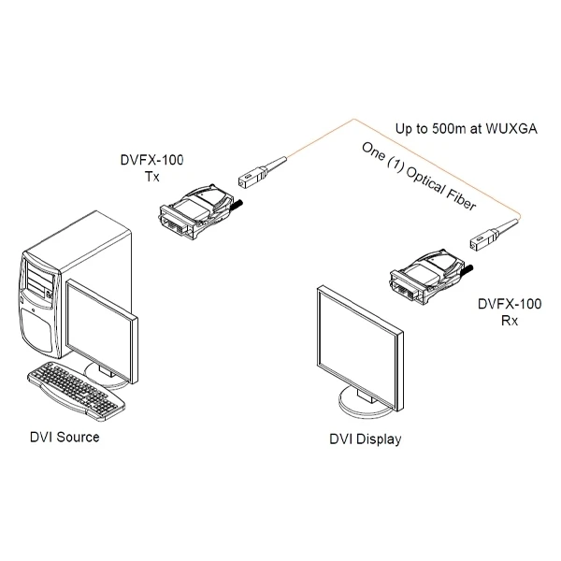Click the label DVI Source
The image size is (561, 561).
(64, 436)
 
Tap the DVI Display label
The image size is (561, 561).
(365, 439)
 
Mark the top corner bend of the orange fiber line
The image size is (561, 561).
(353, 119)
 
